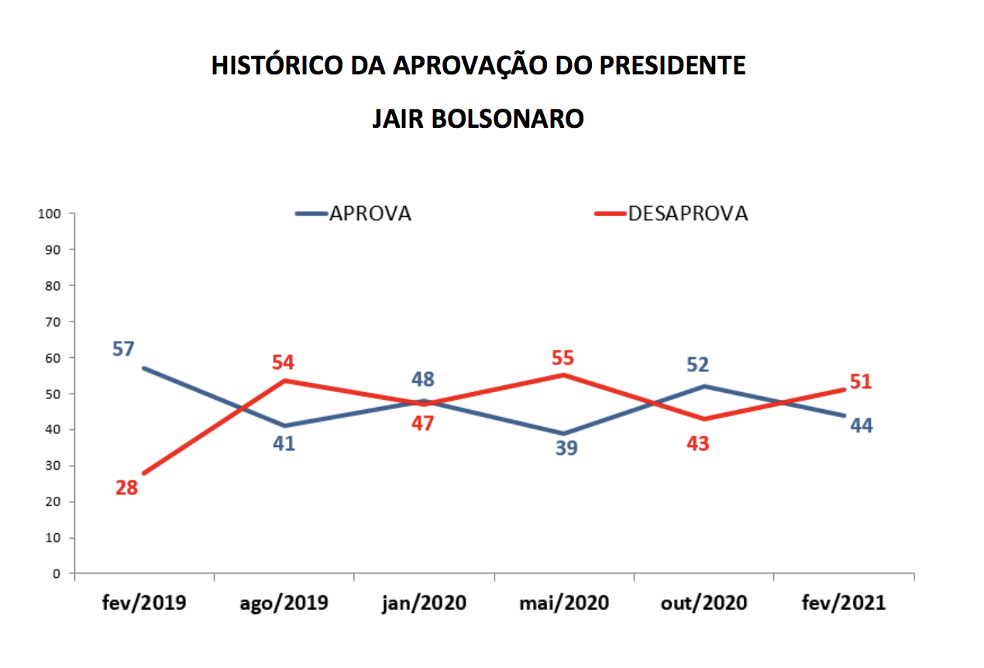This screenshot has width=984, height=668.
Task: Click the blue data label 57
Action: [123, 349]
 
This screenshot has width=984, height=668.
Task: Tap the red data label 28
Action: [126, 488]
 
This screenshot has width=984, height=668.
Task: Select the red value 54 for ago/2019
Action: [284, 363]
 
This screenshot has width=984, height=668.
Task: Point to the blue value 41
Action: [284, 444]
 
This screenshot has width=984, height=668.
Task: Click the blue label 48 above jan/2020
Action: [422, 380]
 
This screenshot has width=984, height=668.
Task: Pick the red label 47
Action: [422, 423]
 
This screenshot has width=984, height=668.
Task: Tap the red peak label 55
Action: [563, 358]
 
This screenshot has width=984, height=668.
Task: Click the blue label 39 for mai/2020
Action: [566, 449]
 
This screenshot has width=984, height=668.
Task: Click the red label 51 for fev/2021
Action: [859, 382]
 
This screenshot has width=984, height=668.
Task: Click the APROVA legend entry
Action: [370, 214]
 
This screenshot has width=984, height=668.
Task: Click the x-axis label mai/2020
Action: [564, 603]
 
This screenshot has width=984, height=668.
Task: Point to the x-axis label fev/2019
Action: [144, 603]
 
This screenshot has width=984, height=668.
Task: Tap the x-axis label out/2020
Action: [704, 603]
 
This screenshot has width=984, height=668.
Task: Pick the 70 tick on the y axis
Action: [52, 321]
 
